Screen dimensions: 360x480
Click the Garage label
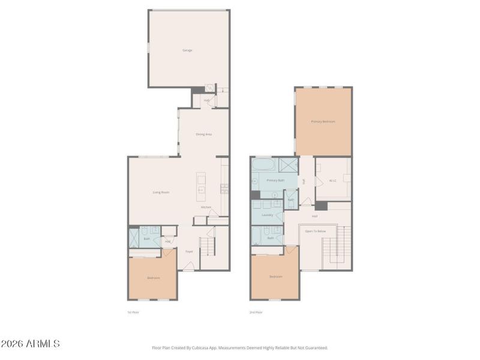(x=187, y=50)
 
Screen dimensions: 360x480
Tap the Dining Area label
(x=203, y=134)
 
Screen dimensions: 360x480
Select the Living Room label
(x=161, y=192)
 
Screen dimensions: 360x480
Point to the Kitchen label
(x=206, y=207)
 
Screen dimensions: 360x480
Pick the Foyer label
(x=188, y=251)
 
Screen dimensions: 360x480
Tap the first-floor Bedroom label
(x=153, y=277)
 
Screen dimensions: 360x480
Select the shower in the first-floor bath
(x=134, y=238)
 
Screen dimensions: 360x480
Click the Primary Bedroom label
(x=323, y=122)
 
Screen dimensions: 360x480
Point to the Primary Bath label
(x=275, y=180)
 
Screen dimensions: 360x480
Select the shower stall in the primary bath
(x=288, y=164)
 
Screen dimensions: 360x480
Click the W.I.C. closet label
(x=333, y=181)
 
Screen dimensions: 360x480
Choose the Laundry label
(x=268, y=214)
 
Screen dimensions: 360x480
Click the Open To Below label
(x=315, y=230)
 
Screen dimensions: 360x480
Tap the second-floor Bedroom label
(x=275, y=277)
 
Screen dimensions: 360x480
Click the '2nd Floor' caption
(x=256, y=312)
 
